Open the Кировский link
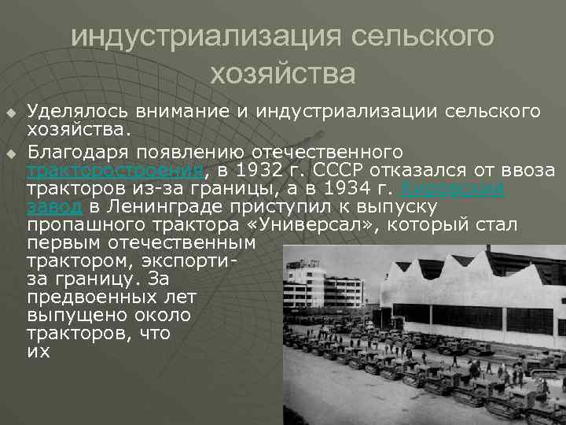(x=455, y=188)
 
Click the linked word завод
(x=53, y=207)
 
